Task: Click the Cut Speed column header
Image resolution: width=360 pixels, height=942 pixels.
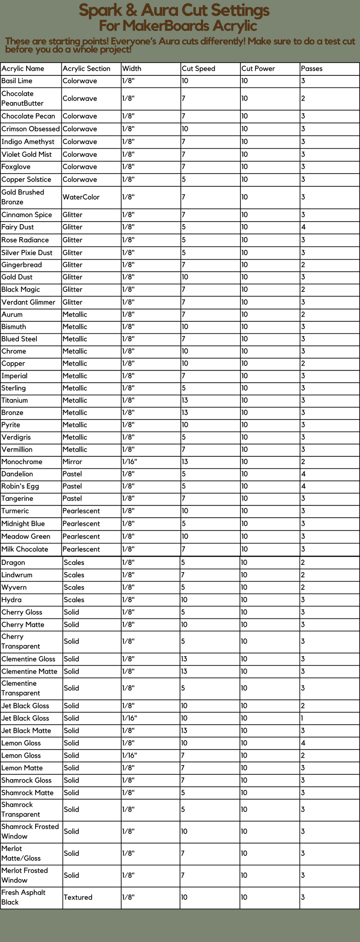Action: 198,69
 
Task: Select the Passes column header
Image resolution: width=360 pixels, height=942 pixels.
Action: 312,69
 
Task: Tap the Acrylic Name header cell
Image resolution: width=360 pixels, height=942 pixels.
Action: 23,69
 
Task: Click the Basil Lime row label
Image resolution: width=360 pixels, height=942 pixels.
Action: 17,81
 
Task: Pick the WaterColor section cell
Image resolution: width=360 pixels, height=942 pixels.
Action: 81,197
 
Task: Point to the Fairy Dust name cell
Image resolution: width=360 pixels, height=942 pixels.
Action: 18,227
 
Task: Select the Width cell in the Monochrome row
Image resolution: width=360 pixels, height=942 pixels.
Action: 129,462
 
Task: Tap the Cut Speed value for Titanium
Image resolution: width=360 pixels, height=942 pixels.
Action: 185,400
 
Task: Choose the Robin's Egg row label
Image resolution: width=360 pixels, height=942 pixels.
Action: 20,486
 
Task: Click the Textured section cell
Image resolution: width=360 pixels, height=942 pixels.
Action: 78,897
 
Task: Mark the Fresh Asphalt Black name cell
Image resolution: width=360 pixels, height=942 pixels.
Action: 23,897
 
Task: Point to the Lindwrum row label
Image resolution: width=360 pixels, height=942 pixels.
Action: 17,575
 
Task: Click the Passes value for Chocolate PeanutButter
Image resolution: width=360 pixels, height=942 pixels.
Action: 303,99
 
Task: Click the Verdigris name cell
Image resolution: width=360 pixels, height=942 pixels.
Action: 16,438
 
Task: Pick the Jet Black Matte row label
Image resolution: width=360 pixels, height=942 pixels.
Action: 26,731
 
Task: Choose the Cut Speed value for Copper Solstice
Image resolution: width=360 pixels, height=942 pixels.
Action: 184,180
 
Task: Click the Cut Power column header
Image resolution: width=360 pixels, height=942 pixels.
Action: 258,69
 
